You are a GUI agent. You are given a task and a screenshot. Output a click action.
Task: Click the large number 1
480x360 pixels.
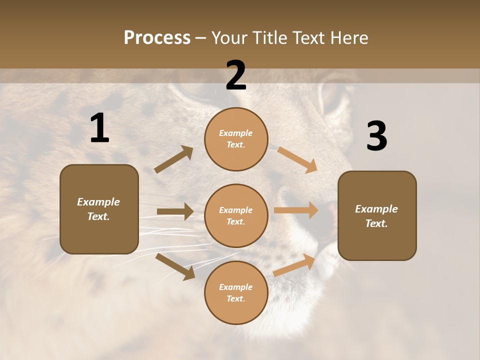[x=99, y=128]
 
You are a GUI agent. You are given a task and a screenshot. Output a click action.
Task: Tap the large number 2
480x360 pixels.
[x=236, y=75]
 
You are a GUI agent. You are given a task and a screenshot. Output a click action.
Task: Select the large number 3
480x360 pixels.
[x=376, y=136]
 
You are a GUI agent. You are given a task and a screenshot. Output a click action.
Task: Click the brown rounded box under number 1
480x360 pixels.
[x=99, y=209]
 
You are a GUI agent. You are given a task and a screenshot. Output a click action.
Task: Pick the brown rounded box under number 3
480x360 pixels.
[x=377, y=215]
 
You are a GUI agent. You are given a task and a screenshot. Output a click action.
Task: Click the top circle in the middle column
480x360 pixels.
[x=236, y=139]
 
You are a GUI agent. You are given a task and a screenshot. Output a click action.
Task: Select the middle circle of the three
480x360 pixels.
[x=236, y=215]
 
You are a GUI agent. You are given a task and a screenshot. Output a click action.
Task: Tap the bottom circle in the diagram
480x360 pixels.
[x=236, y=292]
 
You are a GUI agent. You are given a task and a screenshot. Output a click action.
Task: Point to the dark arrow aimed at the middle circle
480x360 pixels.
[x=175, y=211]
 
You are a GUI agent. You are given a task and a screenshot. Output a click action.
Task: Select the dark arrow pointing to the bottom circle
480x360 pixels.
[x=175, y=266]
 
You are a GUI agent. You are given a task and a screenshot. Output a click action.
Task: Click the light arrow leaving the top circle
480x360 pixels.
[x=297, y=159]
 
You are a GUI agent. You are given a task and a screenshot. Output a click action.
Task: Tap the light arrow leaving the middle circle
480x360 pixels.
[x=296, y=210]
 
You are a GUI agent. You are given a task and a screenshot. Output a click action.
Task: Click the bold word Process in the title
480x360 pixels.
[x=157, y=37]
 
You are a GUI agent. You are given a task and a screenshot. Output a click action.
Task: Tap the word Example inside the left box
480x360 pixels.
[x=98, y=202]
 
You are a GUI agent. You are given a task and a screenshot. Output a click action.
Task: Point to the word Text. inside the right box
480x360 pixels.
[x=376, y=223]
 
